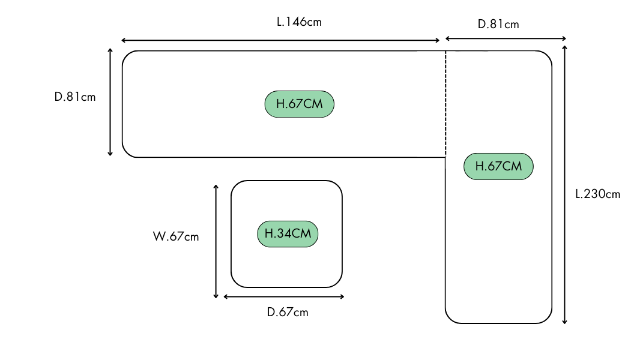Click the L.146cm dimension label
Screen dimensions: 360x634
pos(299,22)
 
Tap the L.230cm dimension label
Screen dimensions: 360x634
pos(597,194)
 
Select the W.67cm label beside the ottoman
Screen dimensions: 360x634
pos(175,236)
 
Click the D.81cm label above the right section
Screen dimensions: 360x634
pos(498,25)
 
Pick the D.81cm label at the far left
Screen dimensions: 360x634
pos(75,97)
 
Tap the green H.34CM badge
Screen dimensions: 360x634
pos(288,233)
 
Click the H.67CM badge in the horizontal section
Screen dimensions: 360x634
pos(299,104)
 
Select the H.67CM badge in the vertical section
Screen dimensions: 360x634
pos(498,166)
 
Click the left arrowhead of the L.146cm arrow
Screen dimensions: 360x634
pos(123,40)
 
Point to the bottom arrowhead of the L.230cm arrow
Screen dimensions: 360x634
pos(564,322)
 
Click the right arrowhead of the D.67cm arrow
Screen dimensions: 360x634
pos(342,296)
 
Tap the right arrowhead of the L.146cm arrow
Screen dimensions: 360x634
pos(438,40)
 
